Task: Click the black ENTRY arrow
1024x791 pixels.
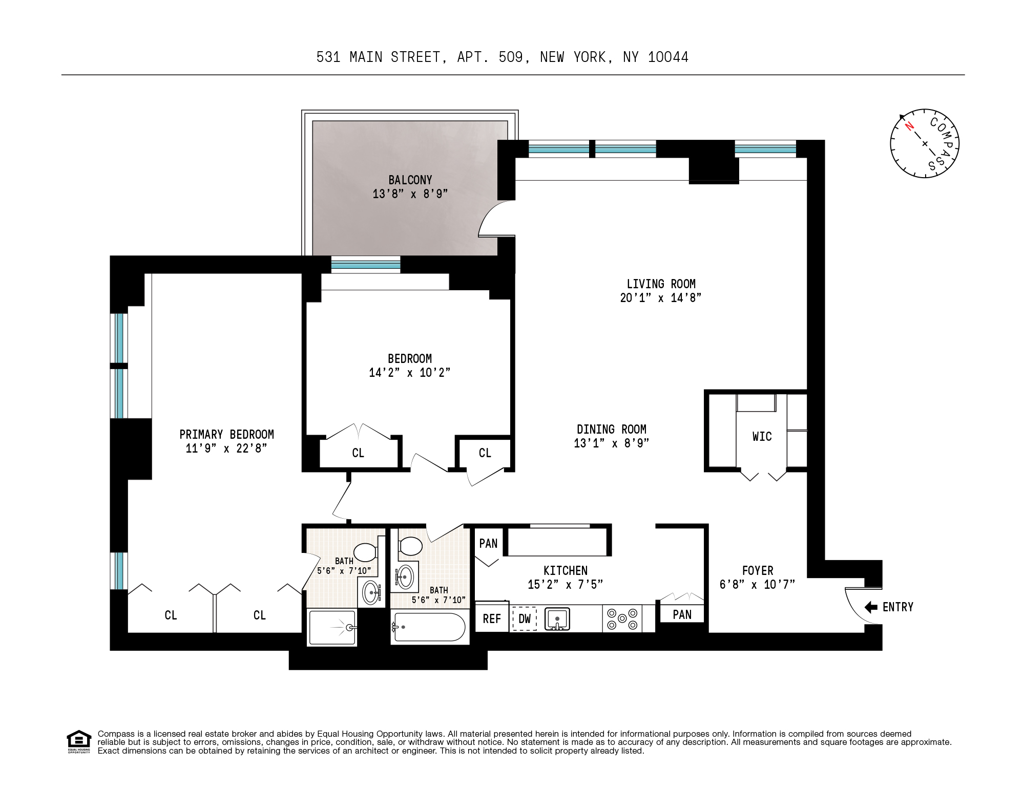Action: coord(871,607)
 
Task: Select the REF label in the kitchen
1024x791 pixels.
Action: coord(492,619)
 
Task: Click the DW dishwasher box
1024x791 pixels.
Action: coord(525,619)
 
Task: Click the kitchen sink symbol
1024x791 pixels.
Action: coord(557,618)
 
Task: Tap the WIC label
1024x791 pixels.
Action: coord(762,437)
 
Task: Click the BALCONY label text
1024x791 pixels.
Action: coord(410,180)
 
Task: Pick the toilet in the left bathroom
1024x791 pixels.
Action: coord(365,552)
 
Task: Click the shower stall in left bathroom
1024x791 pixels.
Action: coord(332,628)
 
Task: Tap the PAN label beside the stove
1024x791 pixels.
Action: coord(682,614)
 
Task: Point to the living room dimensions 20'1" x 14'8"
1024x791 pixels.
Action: coord(660,298)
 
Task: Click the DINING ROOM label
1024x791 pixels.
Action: coord(611,430)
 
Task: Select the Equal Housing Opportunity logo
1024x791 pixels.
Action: coord(79,742)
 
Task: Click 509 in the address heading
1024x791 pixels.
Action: coord(511,57)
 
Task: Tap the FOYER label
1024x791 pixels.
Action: coord(757,570)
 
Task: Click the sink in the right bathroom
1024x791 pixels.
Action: coord(405,576)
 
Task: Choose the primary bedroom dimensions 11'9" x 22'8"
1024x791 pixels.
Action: coord(226,449)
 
